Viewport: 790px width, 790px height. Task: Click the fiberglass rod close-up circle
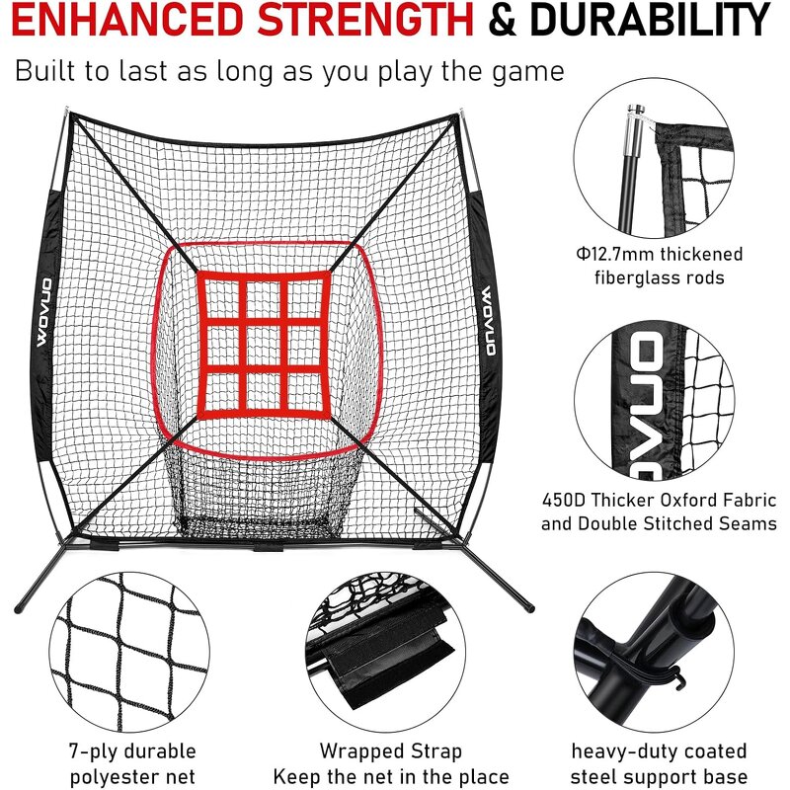(659, 158)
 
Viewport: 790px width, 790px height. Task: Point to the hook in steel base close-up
(679, 678)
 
